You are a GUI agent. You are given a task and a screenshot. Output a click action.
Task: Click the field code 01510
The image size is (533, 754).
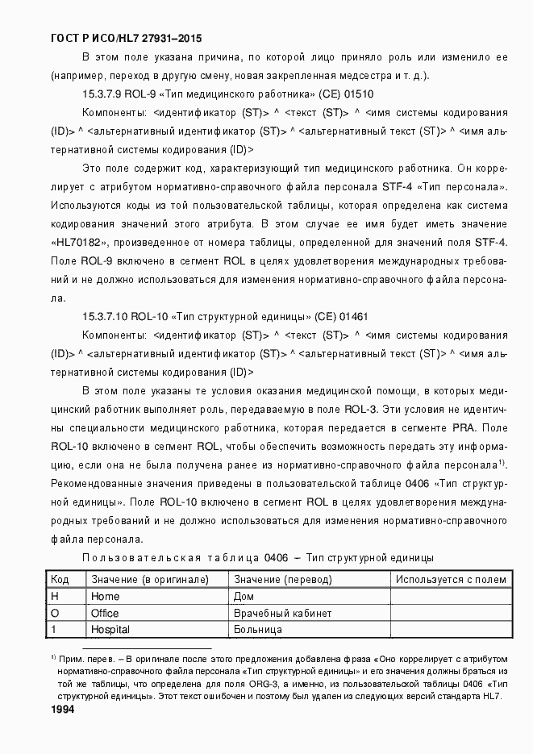pos(357,94)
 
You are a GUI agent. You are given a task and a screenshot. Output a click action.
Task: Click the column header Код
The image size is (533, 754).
pos(60,579)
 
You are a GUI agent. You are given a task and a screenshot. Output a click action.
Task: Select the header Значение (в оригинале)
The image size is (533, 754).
pos(149,579)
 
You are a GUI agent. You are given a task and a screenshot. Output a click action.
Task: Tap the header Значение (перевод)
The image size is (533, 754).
pos(281,579)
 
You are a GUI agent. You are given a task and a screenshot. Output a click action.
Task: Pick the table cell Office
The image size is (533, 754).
pos(105,613)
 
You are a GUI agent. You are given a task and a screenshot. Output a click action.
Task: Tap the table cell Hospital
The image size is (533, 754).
pos(110,629)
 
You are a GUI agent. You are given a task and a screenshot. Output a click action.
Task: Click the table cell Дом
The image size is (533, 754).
pos(244,596)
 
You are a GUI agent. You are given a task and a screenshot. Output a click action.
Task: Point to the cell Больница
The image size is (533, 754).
pos(257,629)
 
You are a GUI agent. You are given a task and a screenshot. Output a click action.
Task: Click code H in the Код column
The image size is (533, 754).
pos(55,596)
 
